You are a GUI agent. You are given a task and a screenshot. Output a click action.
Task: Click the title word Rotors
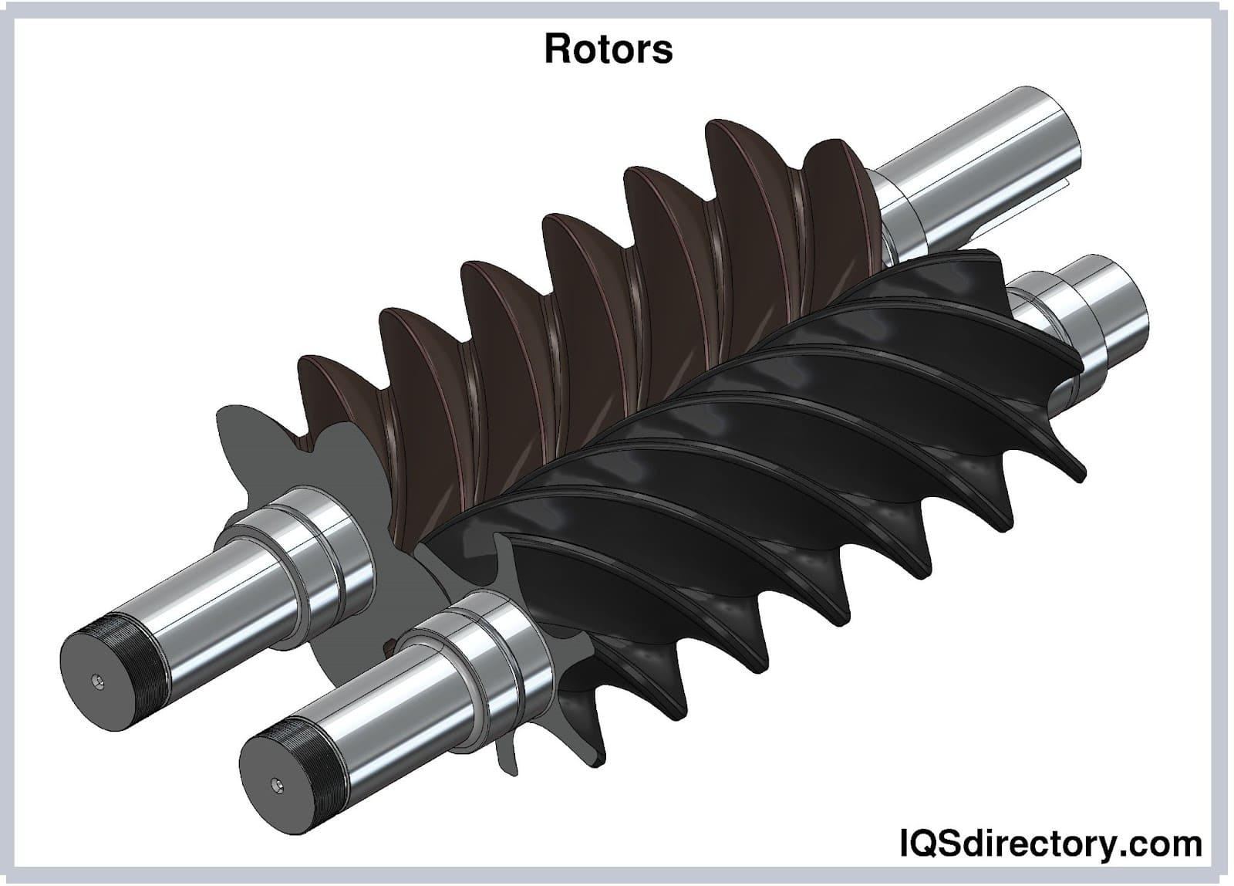point(609,49)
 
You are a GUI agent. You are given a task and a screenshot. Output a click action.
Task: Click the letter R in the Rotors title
point(558,49)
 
